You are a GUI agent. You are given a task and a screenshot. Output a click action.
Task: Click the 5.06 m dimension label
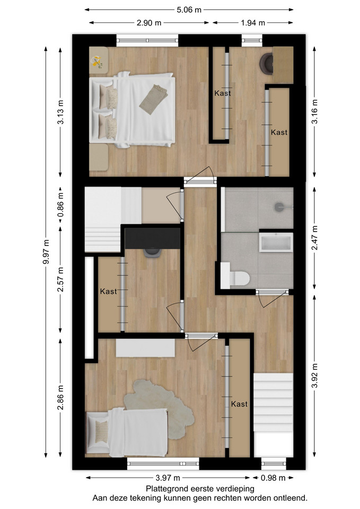click(x=189, y=10)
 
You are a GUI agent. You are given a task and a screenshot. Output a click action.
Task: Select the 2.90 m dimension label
click(x=149, y=23)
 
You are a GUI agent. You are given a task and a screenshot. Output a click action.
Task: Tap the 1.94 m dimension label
click(x=253, y=23)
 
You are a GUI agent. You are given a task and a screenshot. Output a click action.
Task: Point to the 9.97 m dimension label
click(x=47, y=251)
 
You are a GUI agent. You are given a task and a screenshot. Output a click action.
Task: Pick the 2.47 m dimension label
click(x=314, y=238)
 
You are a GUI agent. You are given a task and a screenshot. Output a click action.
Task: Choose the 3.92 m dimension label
click(x=314, y=375)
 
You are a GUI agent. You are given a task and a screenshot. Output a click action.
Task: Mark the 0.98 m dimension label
click(x=273, y=478)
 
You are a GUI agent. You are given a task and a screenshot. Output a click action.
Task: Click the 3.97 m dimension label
click(x=168, y=478)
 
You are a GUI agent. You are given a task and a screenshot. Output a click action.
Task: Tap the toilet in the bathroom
click(x=235, y=276)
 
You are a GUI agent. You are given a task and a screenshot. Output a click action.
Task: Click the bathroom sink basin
click(x=276, y=242)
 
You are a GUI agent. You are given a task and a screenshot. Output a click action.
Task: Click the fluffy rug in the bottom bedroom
click(x=159, y=407)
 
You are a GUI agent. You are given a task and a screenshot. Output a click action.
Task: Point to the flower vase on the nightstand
click(x=97, y=62)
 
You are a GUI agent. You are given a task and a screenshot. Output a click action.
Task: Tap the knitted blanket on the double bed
click(x=154, y=99)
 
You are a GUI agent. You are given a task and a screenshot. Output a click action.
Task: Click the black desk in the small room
click(x=153, y=238)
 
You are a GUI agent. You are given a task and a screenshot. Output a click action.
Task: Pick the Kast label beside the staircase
click(x=239, y=404)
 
